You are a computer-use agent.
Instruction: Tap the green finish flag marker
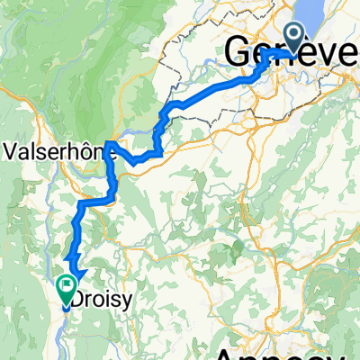(67, 288)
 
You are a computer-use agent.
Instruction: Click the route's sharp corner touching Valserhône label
(108, 142)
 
